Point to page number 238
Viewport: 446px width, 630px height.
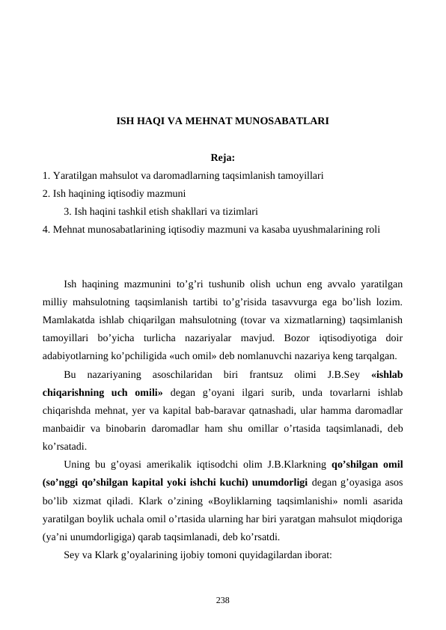(x=223, y=599)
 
